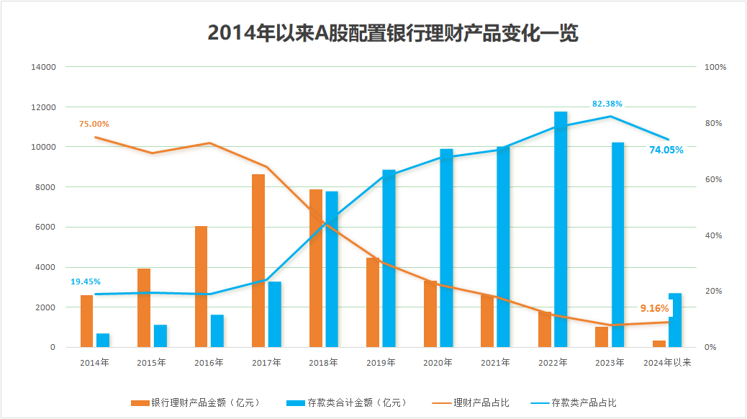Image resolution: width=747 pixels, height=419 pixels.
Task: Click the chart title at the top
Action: (x=393, y=33)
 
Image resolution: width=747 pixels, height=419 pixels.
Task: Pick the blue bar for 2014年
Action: (x=103, y=341)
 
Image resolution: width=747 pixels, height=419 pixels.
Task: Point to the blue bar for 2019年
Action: (x=389, y=258)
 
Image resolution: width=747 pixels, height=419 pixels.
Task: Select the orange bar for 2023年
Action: (x=601, y=337)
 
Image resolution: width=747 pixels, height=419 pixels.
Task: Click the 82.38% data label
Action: (x=607, y=104)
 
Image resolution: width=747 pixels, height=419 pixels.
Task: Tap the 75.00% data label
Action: (x=94, y=124)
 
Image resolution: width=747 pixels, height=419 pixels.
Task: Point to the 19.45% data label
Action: (x=86, y=281)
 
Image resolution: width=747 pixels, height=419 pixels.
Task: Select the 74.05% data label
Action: (x=666, y=150)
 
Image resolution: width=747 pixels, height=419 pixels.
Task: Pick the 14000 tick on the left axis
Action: (x=42, y=67)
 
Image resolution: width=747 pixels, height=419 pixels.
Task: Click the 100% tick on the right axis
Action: (x=715, y=67)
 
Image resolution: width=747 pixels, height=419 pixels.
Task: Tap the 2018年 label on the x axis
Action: (x=324, y=362)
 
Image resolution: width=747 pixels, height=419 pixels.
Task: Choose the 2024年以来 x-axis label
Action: (x=666, y=362)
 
